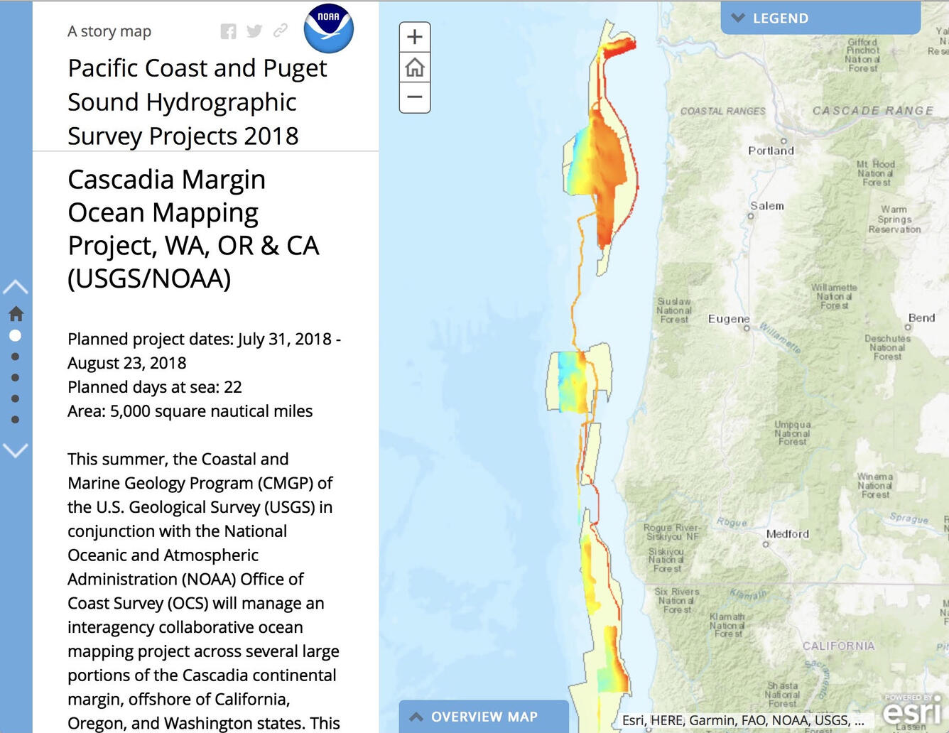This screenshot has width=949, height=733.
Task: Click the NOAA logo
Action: click(328, 28)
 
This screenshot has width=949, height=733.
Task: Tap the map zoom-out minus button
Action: click(415, 97)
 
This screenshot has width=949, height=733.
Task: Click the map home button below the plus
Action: click(415, 67)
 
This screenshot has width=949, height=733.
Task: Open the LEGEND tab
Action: click(820, 18)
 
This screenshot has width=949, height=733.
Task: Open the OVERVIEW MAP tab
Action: click(484, 717)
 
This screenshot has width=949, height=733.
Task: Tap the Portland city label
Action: click(771, 151)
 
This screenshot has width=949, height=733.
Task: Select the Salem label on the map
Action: click(767, 206)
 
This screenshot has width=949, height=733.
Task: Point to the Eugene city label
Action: click(729, 319)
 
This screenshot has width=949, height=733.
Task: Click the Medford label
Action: click(787, 534)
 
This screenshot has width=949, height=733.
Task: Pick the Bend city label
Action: click(921, 317)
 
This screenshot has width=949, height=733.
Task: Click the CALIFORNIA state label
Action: click(838, 646)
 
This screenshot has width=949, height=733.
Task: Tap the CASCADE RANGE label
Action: click(873, 111)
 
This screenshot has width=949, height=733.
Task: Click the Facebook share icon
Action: click(228, 31)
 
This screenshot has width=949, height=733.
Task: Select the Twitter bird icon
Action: click(254, 31)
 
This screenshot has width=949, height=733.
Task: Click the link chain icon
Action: click(281, 31)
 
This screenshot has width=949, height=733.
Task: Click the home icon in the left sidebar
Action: click(16, 313)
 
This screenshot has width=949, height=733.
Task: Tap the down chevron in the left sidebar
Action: click(16, 450)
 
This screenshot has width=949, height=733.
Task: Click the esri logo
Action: click(913, 710)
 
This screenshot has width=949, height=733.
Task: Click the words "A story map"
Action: click(109, 31)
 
